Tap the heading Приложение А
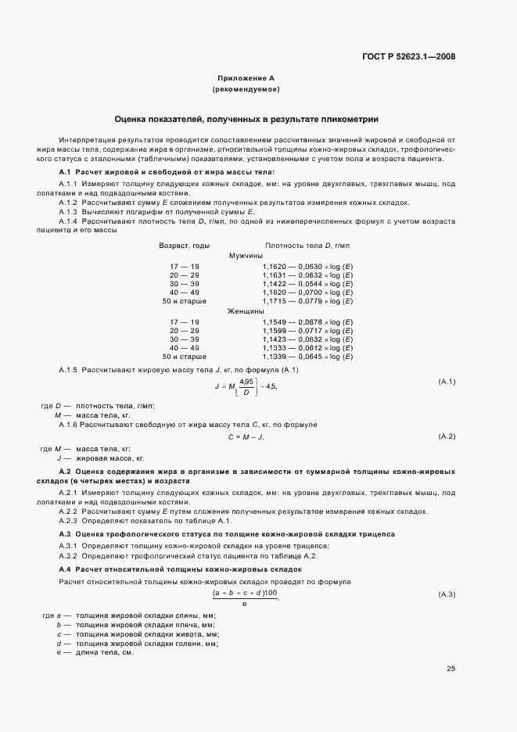246,79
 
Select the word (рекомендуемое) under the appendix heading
246,90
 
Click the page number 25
451,668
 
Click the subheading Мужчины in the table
246,256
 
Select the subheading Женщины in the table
246,311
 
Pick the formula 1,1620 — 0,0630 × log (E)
308,267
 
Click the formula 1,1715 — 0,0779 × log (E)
308,300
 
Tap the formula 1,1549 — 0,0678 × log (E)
308,322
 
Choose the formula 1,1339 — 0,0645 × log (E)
308,356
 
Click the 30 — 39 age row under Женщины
185,339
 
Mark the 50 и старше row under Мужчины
185,300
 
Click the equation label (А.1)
447,382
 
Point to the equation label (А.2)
447,435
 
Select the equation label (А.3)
447,595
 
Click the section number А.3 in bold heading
66,533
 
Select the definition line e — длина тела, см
95,652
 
